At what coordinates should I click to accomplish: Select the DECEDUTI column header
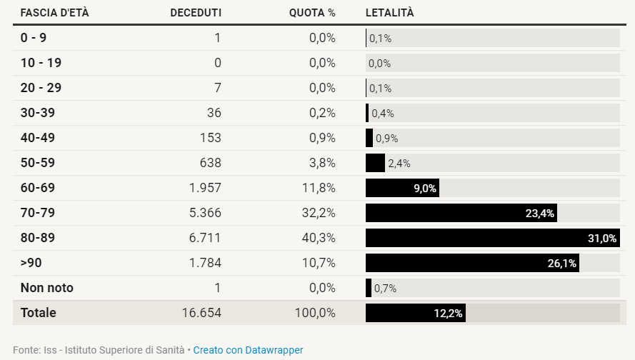195,13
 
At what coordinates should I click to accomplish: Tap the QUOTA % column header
311,13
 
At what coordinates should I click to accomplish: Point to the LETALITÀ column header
389,13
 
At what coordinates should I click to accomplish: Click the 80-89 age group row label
37,238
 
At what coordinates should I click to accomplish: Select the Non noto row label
46,288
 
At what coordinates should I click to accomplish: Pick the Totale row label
38,313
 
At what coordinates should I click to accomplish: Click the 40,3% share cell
319,238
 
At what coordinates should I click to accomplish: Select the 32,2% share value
319,213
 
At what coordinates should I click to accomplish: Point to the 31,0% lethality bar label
601,239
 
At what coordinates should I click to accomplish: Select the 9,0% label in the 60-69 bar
425,189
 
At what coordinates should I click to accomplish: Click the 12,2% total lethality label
449,314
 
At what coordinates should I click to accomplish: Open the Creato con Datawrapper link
248,350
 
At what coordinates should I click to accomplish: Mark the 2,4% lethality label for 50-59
399,164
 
